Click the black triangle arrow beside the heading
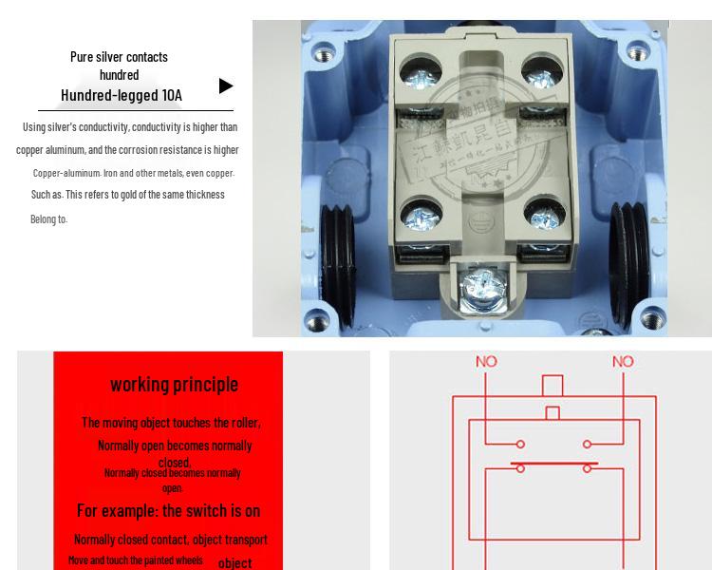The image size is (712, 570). click(226, 85)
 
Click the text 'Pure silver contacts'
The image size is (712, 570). click(119, 57)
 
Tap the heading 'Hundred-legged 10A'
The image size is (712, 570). click(122, 95)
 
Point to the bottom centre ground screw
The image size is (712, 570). click(479, 285)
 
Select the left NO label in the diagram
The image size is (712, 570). click(486, 361)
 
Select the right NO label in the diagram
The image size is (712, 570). click(623, 361)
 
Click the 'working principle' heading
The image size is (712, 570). click(174, 384)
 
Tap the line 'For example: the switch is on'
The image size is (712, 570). click(168, 510)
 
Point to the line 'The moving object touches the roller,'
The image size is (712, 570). click(171, 423)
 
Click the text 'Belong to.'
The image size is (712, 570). click(48, 219)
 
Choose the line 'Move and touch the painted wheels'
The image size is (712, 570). click(135, 560)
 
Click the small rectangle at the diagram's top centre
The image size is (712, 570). click(552, 386)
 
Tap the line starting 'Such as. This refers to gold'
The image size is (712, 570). click(128, 195)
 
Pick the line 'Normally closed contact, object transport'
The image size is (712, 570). click(171, 540)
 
